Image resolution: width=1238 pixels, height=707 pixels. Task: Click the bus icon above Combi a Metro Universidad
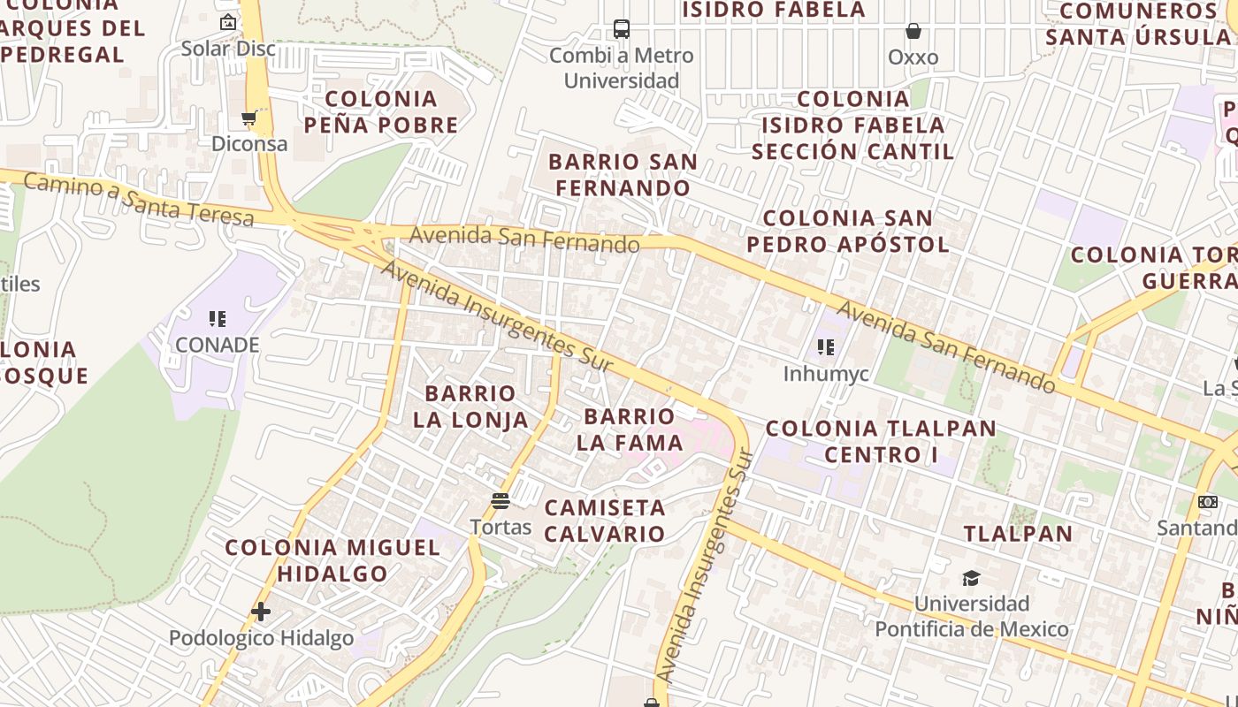click(x=622, y=29)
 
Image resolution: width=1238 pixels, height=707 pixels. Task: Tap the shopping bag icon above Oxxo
click(x=913, y=32)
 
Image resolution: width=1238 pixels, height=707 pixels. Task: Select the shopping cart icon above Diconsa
click(x=248, y=118)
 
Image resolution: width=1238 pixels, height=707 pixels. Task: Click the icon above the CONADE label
click(x=218, y=318)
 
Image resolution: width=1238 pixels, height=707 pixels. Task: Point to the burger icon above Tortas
click(x=501, y=502)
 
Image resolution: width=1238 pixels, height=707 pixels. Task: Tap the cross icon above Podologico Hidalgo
click(x=261, y=611)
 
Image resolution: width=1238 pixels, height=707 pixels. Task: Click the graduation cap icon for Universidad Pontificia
click(x=971, y=579)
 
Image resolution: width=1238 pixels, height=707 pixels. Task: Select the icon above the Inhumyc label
click(x=826, y=347)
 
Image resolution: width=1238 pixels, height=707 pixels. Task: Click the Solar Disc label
click(x=228, y=49)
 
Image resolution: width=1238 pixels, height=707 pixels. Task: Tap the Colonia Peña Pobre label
click(x=381, y=111)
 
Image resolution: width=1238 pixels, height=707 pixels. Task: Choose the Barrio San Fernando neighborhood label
click(x=623, y=175)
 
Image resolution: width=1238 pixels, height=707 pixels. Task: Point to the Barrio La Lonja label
click(x=470, y=407)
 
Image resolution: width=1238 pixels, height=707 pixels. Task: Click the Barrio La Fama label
click(x=630, y=429)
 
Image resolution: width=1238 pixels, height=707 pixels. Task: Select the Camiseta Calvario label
click(x=605, y=521)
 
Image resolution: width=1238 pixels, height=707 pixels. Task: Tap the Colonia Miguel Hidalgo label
click(x=332, y=560)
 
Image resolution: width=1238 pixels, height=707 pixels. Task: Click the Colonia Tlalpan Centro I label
click(x=881, y=442)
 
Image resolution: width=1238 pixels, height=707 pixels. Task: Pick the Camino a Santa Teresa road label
click(x=139, y=200)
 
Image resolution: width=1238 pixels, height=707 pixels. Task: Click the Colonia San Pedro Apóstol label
click(x=848, y=231)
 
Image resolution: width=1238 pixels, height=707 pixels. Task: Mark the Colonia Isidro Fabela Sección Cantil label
click(x=853, y=125)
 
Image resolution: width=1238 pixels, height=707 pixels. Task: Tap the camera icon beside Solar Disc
click(x=228, y=22)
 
